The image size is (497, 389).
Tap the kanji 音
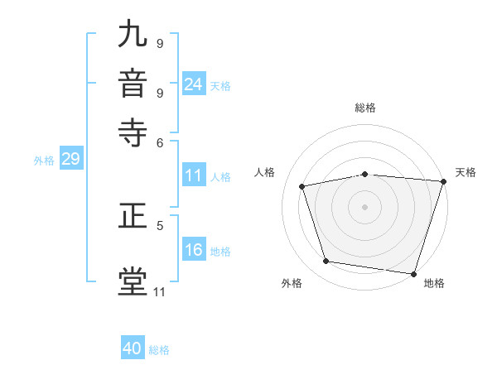click(x=133, y=84)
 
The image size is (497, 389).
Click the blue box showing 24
click(x=193, y=84)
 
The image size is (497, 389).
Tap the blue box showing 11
click(x=193, y=175)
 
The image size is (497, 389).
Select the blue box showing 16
click(x=193, y=251)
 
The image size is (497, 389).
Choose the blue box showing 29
click(x=70, y=160)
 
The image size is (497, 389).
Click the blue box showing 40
click(x=133, y=348)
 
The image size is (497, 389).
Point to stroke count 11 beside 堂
click(x=159, y=291)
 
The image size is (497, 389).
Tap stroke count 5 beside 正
click(x=160, y=223)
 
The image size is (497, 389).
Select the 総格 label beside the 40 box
click(x=160, y=350)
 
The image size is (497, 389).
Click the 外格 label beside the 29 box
click(x=44, y=161)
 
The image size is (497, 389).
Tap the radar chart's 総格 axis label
click(x=365, y=108)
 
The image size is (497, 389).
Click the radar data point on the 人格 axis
click(x=302, y=186)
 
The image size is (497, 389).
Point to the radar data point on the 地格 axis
click(x=414, y=273)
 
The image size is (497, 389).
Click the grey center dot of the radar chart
click(x=365, y=206)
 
